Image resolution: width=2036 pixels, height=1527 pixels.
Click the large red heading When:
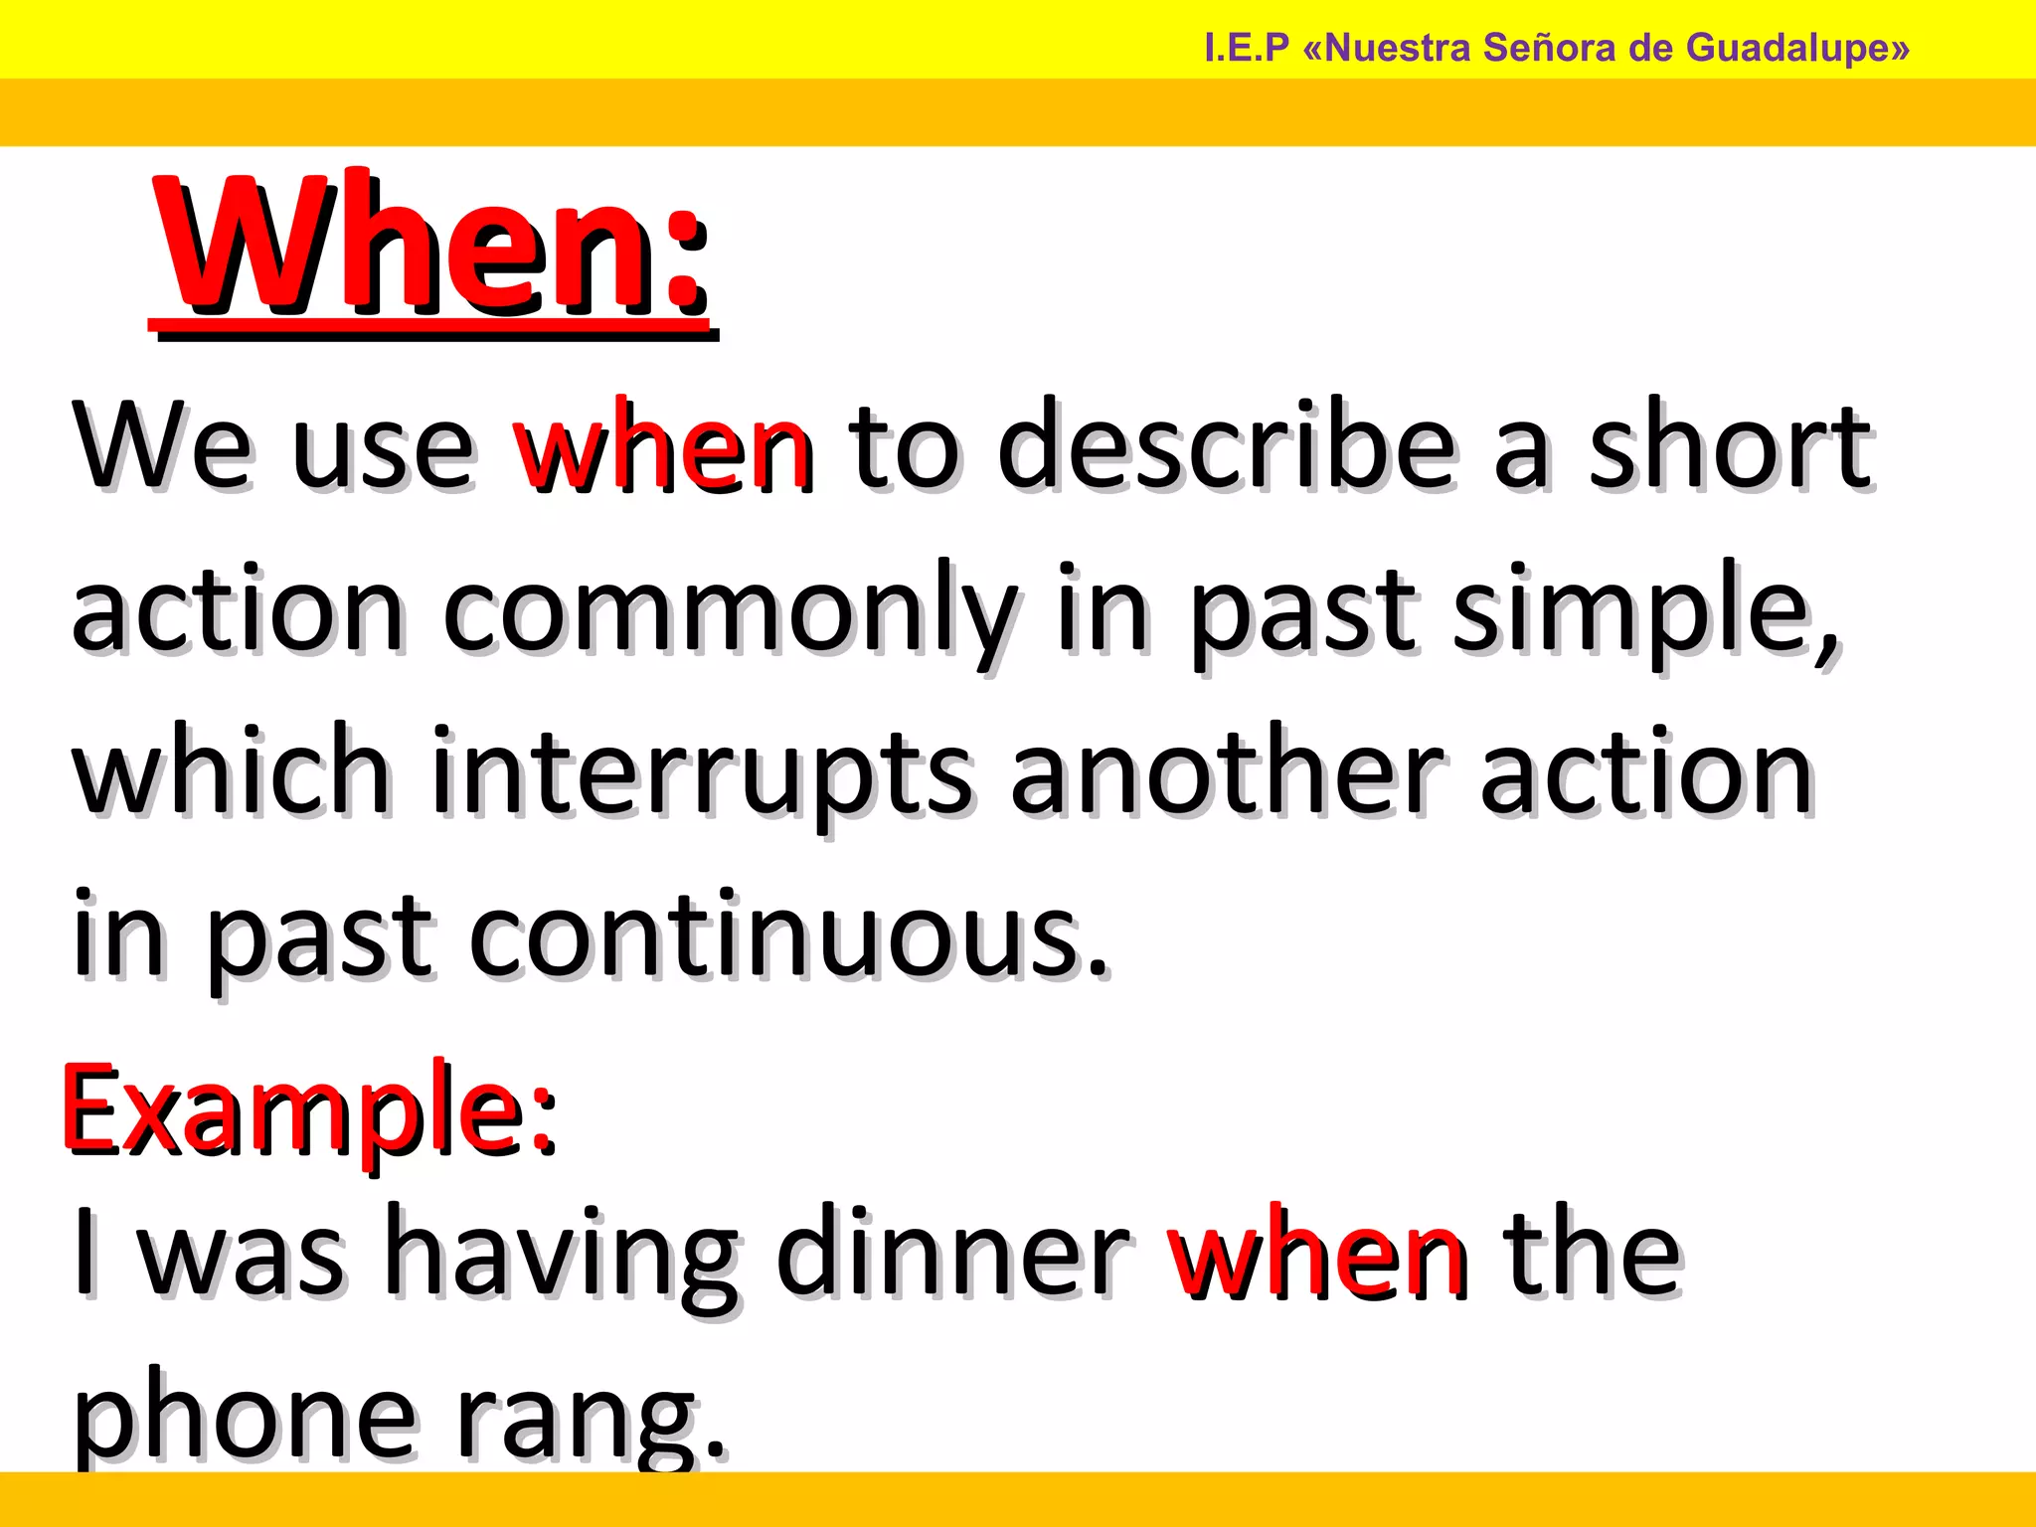click(430, 249)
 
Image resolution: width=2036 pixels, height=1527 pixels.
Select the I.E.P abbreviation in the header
click(1246, 48)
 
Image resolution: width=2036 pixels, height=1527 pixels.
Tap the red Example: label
click(309, 1111)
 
